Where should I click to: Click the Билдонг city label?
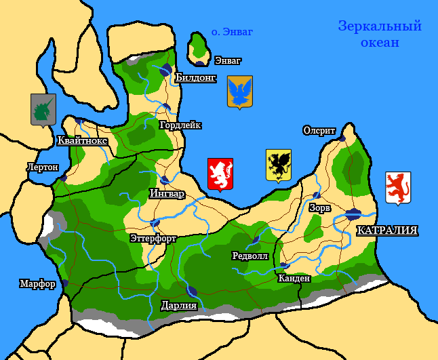(195, 78)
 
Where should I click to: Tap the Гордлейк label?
(180, 125)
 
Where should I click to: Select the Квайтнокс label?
(83, 140)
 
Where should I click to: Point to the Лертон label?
(42, 167)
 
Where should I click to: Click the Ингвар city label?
(167, 193)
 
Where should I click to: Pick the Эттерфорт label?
(153, 238)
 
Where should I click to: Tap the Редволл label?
(250, 256)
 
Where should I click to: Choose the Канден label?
(294, 278)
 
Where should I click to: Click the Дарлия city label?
(179, 305)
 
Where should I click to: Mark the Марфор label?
(37, 283)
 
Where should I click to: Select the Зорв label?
(319, 207)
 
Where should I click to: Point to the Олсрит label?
(319, 130)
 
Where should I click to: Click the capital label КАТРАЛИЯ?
(386, 231)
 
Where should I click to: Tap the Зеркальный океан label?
(380, 34)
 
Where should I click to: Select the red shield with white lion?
(220, 174)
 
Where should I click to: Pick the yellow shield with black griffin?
(278, 165)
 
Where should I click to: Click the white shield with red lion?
(398, 188)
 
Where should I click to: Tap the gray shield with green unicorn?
(43, 110)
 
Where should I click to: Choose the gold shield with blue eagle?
(239, 92)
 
